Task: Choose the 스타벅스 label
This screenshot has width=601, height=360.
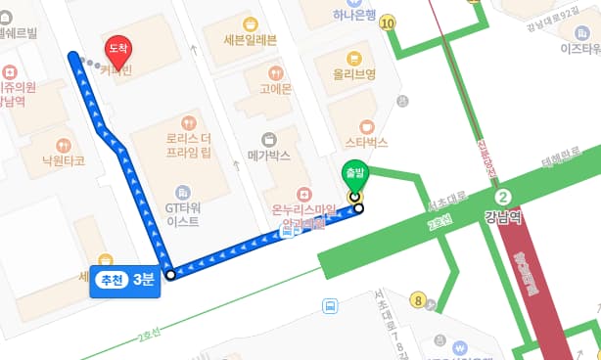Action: [366, 143]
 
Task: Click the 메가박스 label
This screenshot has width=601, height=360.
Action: [269, 155]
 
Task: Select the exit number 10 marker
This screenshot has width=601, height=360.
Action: [390, 22]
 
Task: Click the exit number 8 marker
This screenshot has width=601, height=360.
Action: [419, 300]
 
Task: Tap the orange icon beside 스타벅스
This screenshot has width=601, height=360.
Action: [366, 125]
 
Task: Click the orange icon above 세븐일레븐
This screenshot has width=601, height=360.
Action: [251, 22]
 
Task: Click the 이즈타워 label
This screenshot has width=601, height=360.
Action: [578, 46]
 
